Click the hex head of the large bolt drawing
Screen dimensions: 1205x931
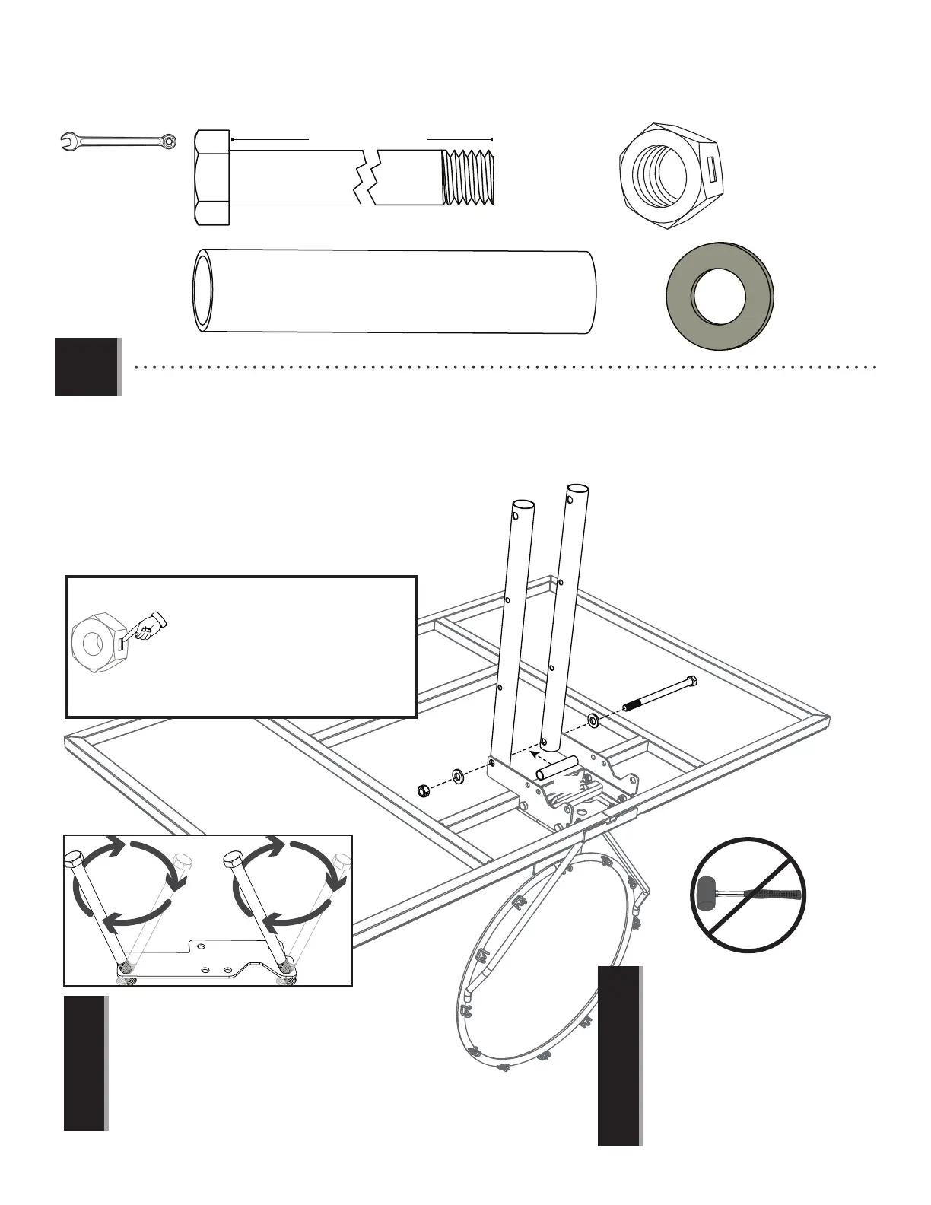(212, 177)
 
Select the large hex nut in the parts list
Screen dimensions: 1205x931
(669, 176)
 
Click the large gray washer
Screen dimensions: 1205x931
(720, 295)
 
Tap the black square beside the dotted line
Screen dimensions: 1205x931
(86, 366)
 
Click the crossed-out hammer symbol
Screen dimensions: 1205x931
(749, 894)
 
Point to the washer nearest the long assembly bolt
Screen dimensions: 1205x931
(592, 719)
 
